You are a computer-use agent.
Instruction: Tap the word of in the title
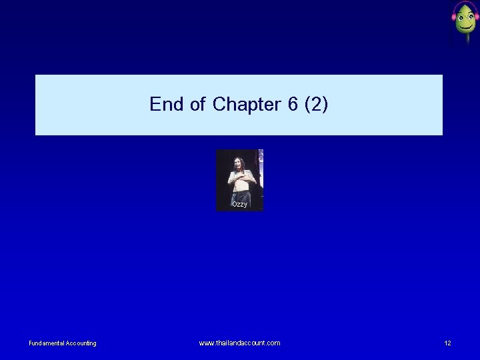[197, 105]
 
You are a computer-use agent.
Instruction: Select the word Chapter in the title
[247, 105]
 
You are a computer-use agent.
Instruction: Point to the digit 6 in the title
[293, 105]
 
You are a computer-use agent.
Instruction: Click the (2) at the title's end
[316, 105]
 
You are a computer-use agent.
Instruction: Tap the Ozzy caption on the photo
[239, 204]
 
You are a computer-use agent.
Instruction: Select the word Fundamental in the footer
[46, 343]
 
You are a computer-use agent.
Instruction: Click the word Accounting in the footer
[81, 343]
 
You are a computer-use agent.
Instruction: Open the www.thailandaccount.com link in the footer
[239, 343]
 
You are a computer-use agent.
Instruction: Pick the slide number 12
[447, 343]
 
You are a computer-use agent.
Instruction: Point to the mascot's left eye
[461, 17]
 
